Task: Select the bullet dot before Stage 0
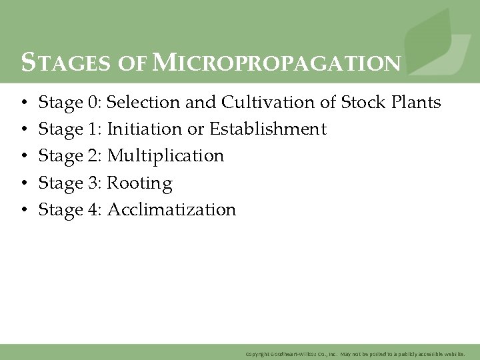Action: click(x=23, y=103)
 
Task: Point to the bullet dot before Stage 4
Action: click(x=23, y=211)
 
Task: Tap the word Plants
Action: click(x=415, y=103)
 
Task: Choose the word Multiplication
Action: click(x=165, y=156)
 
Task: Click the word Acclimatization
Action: click(x=171, y=210)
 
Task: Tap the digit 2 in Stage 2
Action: click(x=92, y=156)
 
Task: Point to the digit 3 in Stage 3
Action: click(x=92, y=183)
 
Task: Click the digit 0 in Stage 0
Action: click(x=92, y=103)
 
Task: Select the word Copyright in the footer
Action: click(x=257, y=353)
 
